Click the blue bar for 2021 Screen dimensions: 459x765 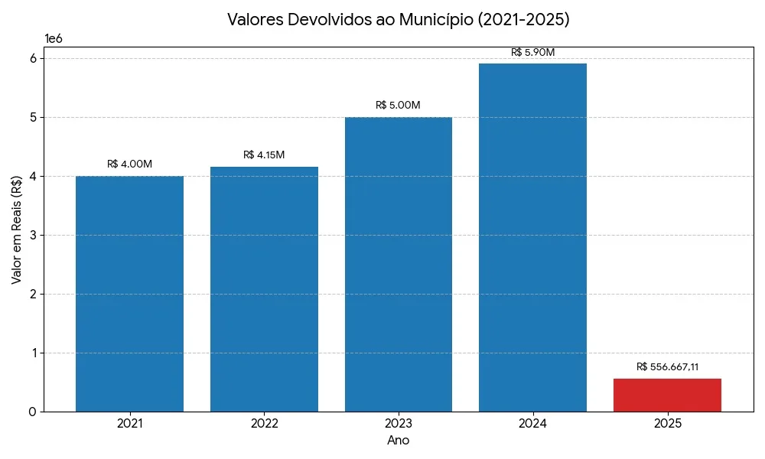tap(129, 294)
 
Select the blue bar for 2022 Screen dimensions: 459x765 tap(264, 289)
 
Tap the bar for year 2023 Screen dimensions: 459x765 tap(399, 264)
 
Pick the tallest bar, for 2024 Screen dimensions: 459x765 tap(532, 237)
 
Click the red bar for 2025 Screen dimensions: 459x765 tap(667, 395)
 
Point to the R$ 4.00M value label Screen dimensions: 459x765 tap(129, 164)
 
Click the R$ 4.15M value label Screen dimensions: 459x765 tap(264, 155)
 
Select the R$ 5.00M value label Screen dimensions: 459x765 tap(398, 105)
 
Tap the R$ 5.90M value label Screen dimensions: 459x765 tap(532, 52)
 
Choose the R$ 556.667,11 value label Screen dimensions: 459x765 tap(667, 366)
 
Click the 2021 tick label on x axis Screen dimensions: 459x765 tap(129, 423)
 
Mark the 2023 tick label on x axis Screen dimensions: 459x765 tap(399, 423)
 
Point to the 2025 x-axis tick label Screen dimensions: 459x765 tap(667, 423)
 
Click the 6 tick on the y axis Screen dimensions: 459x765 tap(31, 58)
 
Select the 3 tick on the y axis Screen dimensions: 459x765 tap(31, 235)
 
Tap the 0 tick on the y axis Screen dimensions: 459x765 tap(31, 412)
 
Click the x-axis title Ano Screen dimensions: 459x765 tap(399, 441)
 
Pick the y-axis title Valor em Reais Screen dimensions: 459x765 tap(17, 229)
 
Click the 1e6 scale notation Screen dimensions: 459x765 tap(54, 38)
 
